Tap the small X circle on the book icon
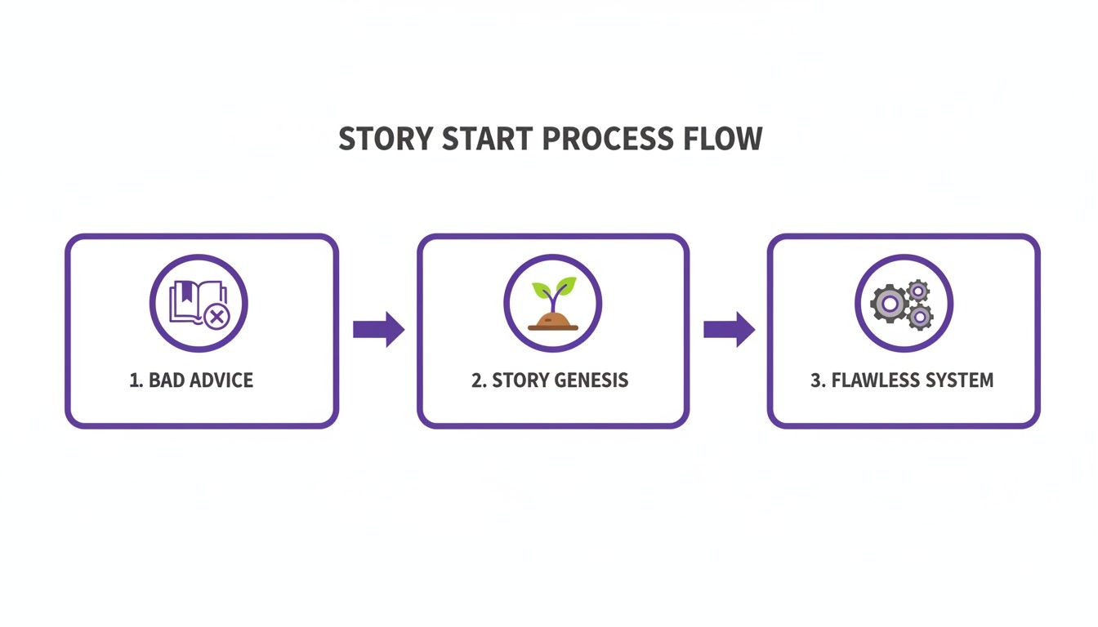pyautogui.click(x=216, y=317)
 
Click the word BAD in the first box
pyautogui.click(x=167, y=380)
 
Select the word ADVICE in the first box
pyautogui.click(x=221, y=380)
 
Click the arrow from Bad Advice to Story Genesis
pyautogui.click(x=378, y=329)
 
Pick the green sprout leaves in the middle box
pyautogui.click(x=554, y=289)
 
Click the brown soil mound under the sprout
pyautogui.click(x=553, y=321)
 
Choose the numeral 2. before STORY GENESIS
pyautogui.click(x=479, y=380)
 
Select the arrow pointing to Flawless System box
pyautogui.click(x=729, y=329)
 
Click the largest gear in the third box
pyautogui.click(x=890, y=305)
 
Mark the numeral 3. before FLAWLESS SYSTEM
pyautogui.click(x=818, y=380)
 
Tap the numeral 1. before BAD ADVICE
pyautogui.click(x=136, y=380)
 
